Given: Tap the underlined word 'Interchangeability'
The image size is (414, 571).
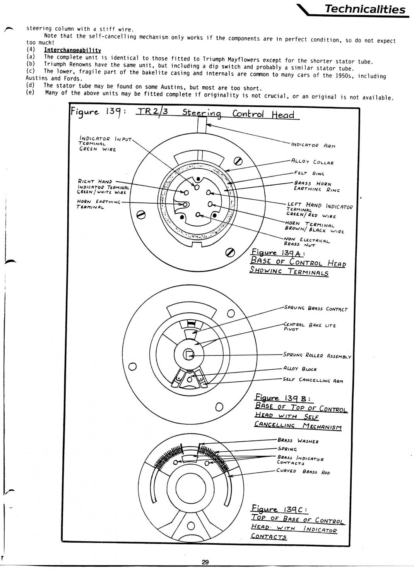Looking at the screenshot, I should click(72, 50).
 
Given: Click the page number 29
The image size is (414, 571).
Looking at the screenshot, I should click(205, 562).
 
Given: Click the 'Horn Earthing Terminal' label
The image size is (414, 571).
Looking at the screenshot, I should click(98, 204).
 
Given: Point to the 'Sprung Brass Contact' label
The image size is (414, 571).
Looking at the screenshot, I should click(316, 309).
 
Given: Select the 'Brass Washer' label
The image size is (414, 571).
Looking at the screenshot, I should click(298, 441).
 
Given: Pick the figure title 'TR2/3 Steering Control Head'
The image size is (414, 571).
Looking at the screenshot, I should click(217, 114).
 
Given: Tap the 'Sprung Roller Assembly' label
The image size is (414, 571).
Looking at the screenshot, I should click(317, 355).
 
